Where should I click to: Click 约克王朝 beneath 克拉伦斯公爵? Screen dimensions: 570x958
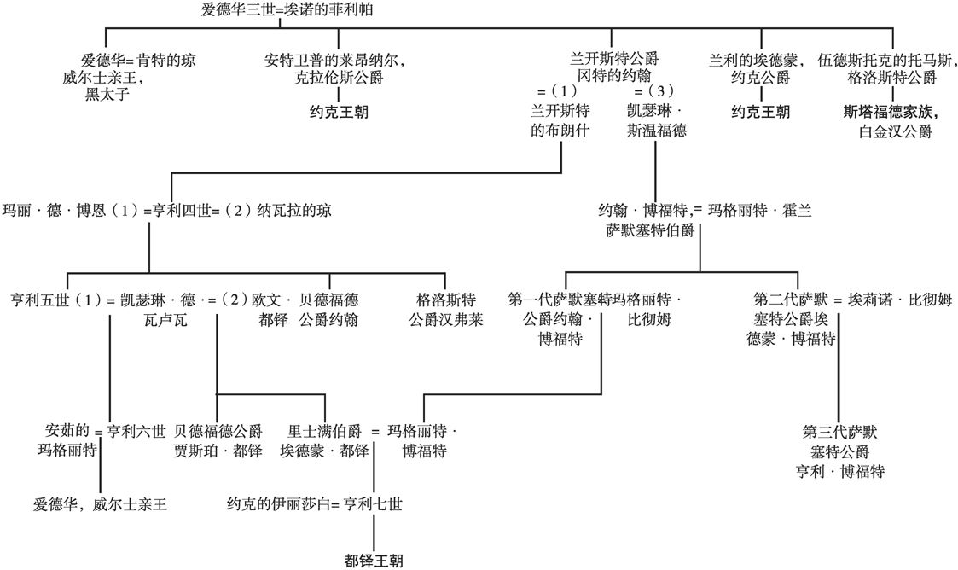tap(339, 112)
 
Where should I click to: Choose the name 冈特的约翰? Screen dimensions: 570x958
tap(614, 76)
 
